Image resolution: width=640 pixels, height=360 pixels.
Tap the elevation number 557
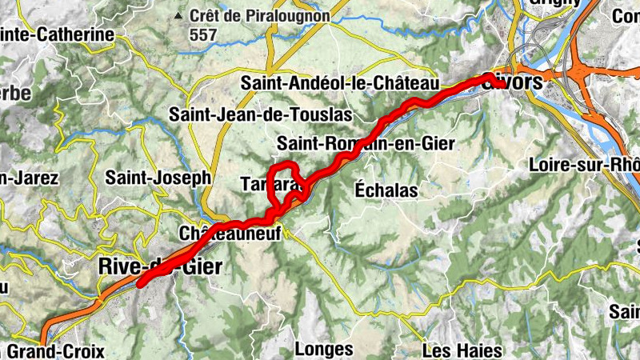point(203,34)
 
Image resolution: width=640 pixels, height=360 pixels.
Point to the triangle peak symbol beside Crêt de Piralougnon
point(176,15)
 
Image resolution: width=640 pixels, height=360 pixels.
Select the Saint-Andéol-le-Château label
point(341,83)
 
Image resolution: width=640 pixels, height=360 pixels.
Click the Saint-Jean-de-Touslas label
point(260,114)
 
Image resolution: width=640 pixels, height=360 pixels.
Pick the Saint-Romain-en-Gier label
point(366,144)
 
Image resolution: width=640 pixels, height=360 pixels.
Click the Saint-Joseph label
point(158,177)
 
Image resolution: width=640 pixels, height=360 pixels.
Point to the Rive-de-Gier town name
point(159,266)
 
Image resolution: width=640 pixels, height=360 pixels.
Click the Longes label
point(323,349)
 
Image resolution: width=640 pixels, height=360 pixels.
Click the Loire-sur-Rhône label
point(585,165)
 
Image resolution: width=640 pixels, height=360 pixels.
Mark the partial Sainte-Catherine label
point(56,35)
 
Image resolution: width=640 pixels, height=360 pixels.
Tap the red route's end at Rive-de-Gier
point(141,282)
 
